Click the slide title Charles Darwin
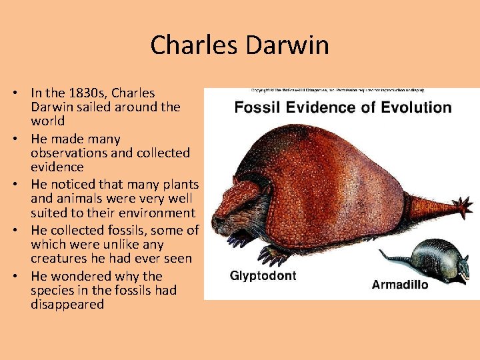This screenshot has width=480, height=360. point(239,45)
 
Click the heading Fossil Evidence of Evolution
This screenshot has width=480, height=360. point(343,107)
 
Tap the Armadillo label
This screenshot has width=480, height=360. point(400,285)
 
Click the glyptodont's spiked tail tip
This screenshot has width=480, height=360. point(459,207)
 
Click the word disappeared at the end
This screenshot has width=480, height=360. point(67,304)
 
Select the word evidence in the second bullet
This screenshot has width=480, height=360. point(57,167)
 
